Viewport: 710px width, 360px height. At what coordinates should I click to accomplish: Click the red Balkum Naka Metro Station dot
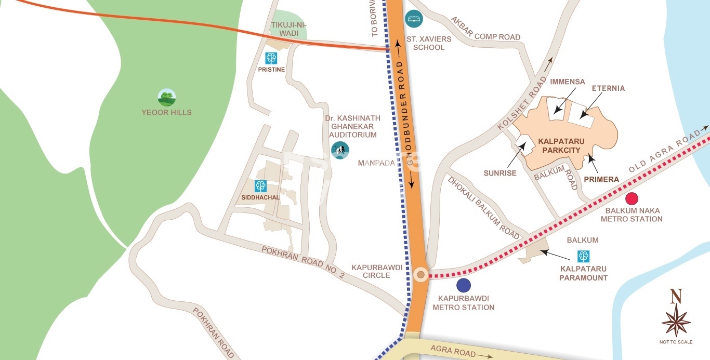(632, 198)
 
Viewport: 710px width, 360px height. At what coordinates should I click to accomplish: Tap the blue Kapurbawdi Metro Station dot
(463, 285)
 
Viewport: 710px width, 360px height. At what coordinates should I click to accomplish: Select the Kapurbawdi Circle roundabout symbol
(420, 274)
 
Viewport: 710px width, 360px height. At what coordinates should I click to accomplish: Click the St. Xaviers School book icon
(414, 19)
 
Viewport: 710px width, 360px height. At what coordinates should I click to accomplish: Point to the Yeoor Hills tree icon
(167, 97)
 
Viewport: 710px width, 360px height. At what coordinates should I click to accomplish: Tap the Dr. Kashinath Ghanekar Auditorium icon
(340, 150)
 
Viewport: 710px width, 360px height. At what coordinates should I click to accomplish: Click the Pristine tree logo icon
(271, 58)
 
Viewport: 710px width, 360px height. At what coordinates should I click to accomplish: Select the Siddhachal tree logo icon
(260, 185)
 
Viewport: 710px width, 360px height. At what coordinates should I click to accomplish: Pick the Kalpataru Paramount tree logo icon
(583, 256)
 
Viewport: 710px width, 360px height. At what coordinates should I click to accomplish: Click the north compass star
(676, 321)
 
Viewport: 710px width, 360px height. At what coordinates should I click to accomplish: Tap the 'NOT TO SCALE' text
(676, 342)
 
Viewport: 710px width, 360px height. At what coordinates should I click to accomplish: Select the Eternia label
(608, 88)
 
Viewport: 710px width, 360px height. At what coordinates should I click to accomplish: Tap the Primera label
(601, 179)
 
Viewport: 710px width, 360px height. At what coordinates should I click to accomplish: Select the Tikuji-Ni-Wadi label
(284, 29)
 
